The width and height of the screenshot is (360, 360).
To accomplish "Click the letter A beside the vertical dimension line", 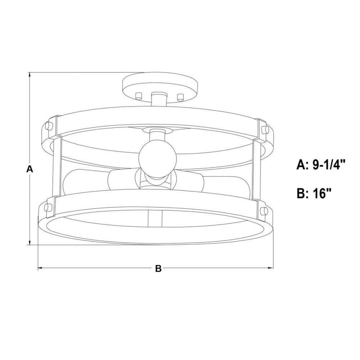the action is (30, 169).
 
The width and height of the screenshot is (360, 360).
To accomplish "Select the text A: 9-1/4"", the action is (321, 165).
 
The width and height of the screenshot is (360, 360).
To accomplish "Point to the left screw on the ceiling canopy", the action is (139, 95).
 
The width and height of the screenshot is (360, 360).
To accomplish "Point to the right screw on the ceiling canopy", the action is (181, 96).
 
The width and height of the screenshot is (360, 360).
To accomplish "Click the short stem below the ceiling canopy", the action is (159, 99).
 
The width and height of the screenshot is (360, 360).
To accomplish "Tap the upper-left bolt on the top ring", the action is (49, 126).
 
